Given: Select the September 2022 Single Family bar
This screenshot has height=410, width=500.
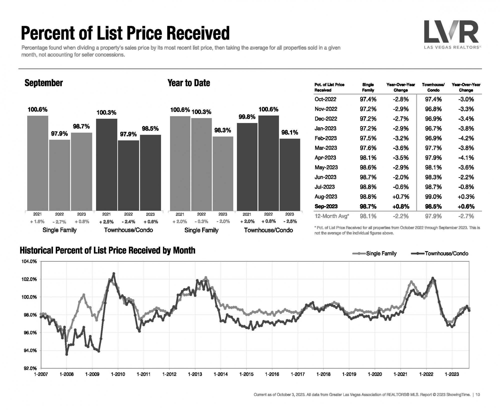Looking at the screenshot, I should (59, 175).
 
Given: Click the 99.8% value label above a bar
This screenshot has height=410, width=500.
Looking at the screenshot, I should (247, 117).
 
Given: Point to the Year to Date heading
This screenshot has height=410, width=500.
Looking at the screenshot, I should (189, 83).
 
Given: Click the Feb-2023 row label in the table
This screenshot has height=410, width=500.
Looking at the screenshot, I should (325, 138).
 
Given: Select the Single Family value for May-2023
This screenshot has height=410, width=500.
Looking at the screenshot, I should (368, 167).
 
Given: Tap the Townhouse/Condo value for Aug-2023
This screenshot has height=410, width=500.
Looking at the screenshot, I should (433, 197).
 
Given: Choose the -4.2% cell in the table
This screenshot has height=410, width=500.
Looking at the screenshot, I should (466, 138).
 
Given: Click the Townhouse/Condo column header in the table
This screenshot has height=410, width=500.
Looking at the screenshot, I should (433, 87).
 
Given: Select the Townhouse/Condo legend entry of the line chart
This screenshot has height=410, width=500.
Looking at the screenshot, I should (446, 253).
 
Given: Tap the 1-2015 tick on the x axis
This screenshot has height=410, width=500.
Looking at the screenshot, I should (246, 374).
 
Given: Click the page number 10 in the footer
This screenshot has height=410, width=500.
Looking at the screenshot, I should (477, 395).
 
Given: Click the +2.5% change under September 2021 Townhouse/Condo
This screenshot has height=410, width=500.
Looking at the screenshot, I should (106, 222).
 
